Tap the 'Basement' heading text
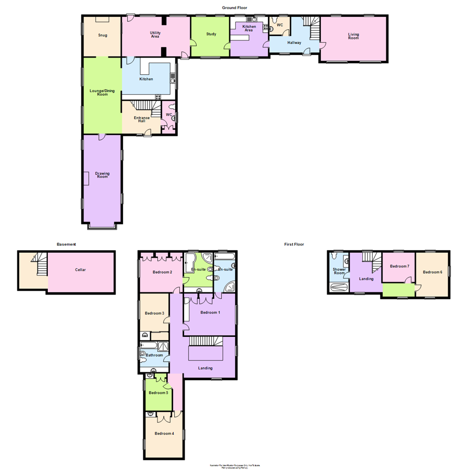click(x=67, y=245)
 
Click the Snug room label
click(x=102, y=35)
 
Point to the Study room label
click(x=211, y=34)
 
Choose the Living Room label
click(x=353, y=36)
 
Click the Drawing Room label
click(x=102, y=175)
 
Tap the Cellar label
click(x=80, y=270)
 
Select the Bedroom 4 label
click(x=164, y=433)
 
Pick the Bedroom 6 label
click(x=432, y=272)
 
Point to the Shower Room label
click(x=339, y=271)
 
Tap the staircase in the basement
click(x=40, y=265)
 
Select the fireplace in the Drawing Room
click(x=86, y=178)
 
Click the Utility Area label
click(x=154, y=34)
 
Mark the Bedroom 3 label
click(x=154, y=313)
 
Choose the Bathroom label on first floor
click(x=154, y=355)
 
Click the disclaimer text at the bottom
click(x=235, y=466)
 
